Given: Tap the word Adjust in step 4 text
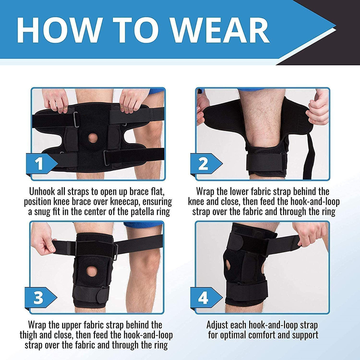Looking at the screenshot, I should (220, 325).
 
